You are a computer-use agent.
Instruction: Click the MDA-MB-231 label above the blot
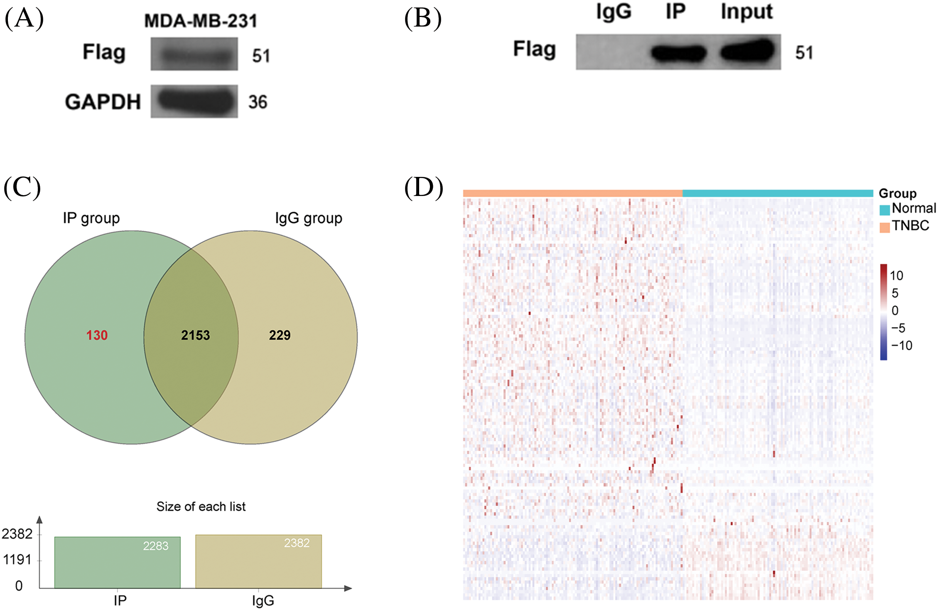[x=201, y=21]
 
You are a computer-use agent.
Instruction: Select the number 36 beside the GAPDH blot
[x=258, y=102]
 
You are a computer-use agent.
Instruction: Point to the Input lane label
[x=746, y=12]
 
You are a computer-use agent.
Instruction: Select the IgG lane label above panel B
[x=614, y=11]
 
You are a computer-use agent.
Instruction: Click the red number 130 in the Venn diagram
[x=97, y=335]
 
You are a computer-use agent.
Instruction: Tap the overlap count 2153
[x=195, y=335]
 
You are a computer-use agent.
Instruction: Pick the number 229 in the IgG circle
[x=280, y=335]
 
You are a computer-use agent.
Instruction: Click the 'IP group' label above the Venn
[x=91, y=218]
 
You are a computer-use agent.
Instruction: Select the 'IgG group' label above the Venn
[x=309, y=218]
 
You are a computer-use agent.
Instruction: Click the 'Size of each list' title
[x=201, y=507]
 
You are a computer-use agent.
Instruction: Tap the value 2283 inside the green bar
[x=156, y=546]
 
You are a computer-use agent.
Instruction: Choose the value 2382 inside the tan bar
[x=297, y=543]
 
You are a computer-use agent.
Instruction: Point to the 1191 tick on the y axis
[x=17, y=560]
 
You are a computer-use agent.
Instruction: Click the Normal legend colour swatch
[x=884, y=210]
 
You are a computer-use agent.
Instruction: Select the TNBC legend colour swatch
[x=884, y=227]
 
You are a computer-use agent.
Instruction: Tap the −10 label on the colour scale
[x=901, y=345]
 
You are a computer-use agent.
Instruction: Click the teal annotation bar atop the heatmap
[x=777, y=193]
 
